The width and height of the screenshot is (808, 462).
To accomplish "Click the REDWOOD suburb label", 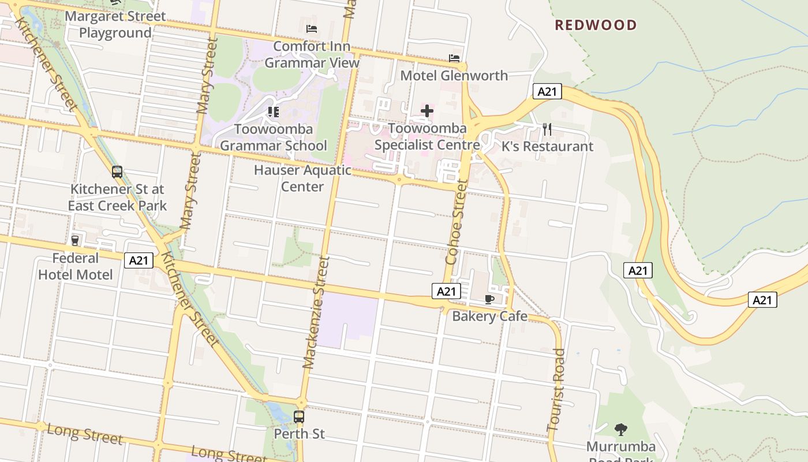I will [x=596, y=25].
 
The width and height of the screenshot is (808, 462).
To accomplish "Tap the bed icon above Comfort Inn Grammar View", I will [x=312, y=28].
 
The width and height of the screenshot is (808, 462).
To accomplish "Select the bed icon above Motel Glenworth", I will [x=454, y=58].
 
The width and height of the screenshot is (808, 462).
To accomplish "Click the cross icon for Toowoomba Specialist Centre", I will [x=427, y=111].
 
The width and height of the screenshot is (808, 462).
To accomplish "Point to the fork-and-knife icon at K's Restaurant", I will [x=547, y=129].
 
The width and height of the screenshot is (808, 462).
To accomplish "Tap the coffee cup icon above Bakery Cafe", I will [x=489, y=299].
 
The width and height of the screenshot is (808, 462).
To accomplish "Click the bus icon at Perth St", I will [x=299, y=416].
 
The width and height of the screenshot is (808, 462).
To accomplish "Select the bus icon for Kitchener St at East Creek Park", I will [x=117, y=172].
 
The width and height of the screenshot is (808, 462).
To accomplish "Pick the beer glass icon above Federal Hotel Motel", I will [x=75, y=240].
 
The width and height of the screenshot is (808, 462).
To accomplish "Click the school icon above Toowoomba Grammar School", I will [x=274, y=111].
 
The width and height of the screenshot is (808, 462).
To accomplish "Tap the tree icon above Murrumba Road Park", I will [x=621, y=430].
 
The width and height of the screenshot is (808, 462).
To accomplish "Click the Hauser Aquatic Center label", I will [x=302, y=178].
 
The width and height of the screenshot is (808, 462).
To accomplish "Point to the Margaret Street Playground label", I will [x=115, y=24].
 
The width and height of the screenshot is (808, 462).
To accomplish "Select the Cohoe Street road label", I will [x=456, y=222].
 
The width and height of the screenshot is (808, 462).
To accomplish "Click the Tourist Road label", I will [x=556, y=390].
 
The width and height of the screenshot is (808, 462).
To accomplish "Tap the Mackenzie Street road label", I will [x=316, y=313].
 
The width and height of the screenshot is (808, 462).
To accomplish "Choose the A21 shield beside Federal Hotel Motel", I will [x=139, y=260].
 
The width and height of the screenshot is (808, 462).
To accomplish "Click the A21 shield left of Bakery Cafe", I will [x=446, y=292].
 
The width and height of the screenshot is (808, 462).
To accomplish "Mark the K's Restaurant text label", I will [x=547, y=147].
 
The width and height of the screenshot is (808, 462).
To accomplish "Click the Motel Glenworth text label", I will [x=454, y=76].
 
